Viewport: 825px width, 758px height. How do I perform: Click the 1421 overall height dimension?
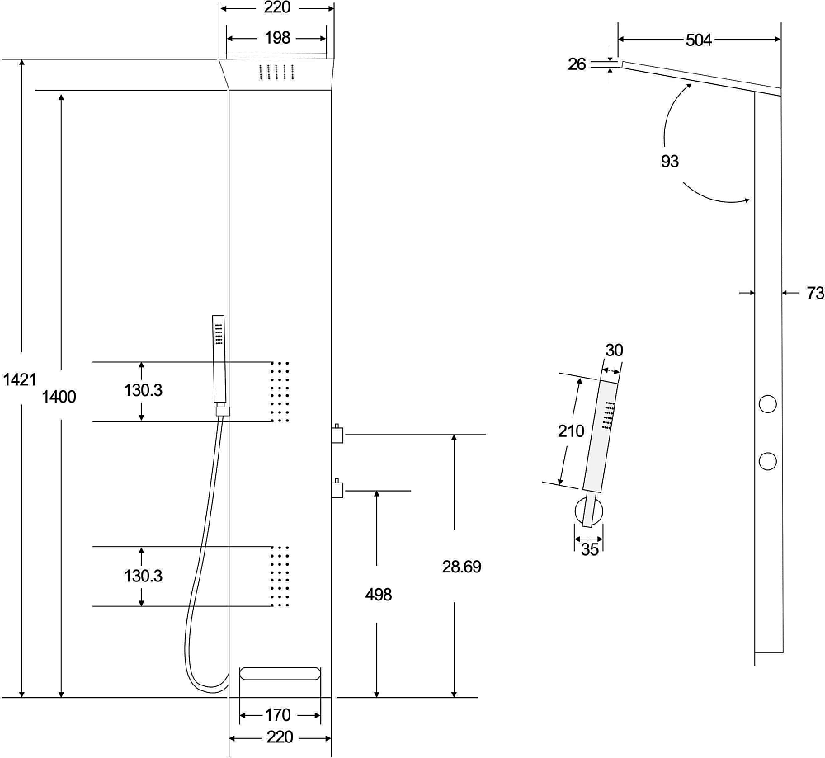pyautogui.click(x=20, y=379)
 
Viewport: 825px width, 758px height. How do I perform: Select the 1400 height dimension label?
pyautogui.click(x=59, y=396)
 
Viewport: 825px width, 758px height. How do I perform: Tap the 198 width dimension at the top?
pyautogui.click(x=277, y=38)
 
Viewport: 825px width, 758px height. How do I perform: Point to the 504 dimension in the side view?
pyautogui.click(x=699, y=40)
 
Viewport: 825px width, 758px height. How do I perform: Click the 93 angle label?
pyautogui.click(x=670, y=161)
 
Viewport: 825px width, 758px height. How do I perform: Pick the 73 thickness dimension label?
pyautogui.click(x=815, y=294)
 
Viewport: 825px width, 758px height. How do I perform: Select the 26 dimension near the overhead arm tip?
pyautogui.click(x=577, y=64)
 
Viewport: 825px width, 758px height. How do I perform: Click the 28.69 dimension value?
pyautogui.click(x=461, y=567)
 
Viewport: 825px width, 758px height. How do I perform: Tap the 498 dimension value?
pyautogui.click(x=379, y=595)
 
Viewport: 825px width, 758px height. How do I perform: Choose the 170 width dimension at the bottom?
pyautogui.click(x=277, y=715)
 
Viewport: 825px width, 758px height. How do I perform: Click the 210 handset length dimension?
pyautogui.click(x=571, y=431)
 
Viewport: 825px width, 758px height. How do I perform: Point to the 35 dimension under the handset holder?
pyautogui.click(x=590, y=549)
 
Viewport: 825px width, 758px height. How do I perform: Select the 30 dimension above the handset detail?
pyautogui.click(x=614, y=351)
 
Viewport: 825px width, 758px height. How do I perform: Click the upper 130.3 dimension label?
pyautogui.click(x=143, y=390)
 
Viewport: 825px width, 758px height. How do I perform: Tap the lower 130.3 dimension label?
pyautogui.click(x=143, y=576)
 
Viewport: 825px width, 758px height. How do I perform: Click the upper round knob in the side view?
pyautogui.click(x=767, y=404)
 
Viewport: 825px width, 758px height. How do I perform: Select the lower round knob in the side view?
pyautogui.click(x=767, y=461)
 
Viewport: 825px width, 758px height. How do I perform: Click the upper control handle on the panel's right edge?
pyautogui.click(x=337, y=434)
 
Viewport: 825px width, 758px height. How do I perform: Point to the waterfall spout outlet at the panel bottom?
pyautogui.click(x=280, y=674)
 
